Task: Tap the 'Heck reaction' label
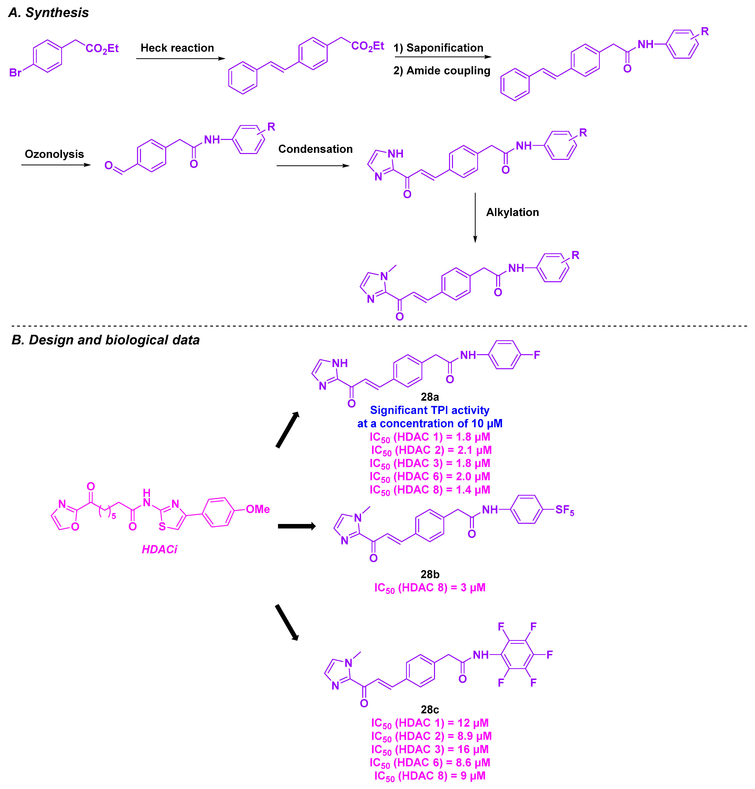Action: click(177, 48)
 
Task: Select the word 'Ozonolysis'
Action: click(54, 154)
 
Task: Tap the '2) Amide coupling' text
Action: click(441, 71)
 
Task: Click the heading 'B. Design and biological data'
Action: click(105, 340)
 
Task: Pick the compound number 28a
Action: click(430, 397)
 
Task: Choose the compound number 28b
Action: click(430, 574)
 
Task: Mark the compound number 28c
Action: click(430, 709)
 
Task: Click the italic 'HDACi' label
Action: click(159, 550)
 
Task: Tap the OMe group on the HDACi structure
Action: click(258, 509)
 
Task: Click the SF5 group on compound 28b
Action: click(564, 510)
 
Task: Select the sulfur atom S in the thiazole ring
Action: click(162, 527)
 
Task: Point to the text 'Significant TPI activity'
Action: click(430, 410)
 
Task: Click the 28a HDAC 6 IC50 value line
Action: click(430, 477)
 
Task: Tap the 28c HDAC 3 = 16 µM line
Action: click(430, 750)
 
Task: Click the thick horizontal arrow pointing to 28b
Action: click(297, 526)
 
